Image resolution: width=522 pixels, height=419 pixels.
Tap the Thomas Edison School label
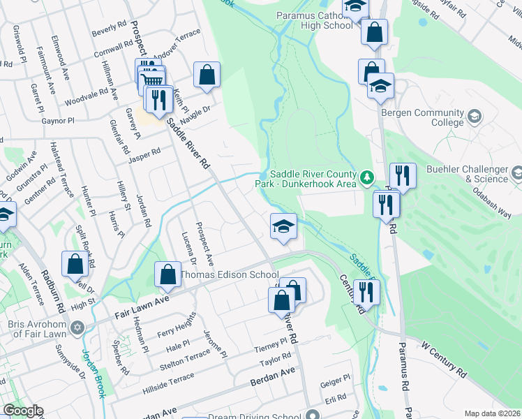click(230, 275)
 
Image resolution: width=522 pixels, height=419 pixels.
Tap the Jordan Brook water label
click(93, 373)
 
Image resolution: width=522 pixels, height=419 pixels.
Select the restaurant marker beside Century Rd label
click(366, 292)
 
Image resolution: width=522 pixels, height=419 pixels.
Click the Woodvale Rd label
click(85, 92)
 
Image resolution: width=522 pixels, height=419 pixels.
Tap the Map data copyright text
click(492, 413)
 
